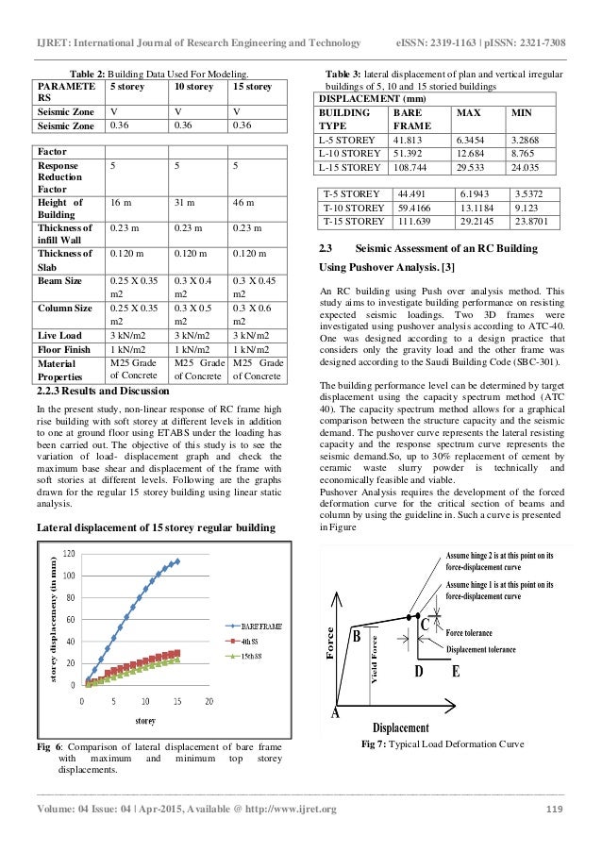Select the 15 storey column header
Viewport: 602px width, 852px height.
pos(252,87)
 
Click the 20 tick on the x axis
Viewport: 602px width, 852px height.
pos(208,702)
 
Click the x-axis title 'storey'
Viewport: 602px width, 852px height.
pos(144,722)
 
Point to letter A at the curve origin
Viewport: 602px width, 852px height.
pos(335,713)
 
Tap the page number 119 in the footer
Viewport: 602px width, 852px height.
pos(555,809)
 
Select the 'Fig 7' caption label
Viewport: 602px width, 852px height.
pos(377,745)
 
